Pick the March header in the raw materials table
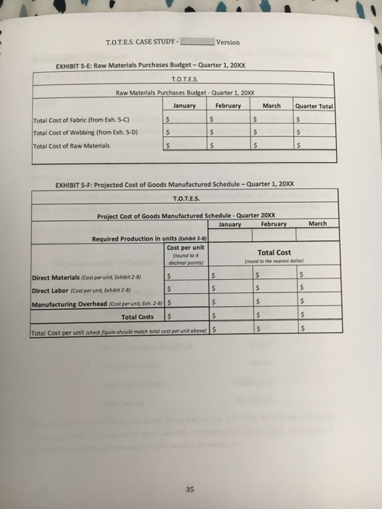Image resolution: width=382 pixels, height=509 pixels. [271, 106]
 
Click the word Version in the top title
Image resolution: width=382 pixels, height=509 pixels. [228, 42]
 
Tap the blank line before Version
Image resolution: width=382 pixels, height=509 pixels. [196, 43]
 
